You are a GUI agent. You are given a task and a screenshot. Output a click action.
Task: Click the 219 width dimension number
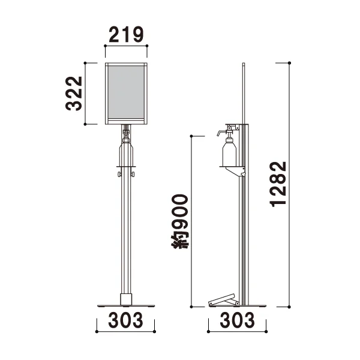pyautogui.click(x=126, y=34)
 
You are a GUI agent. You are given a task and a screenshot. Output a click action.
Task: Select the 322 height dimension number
pyautogui.click(x=74, y=94)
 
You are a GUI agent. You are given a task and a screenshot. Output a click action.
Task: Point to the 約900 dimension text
pyautogui.click(x=179, y=221)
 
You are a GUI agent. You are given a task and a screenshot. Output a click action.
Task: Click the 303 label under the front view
pyautogui.click(x=125, y=320)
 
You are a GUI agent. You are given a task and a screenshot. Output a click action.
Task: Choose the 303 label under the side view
pyautogui.click(x=237, y=320)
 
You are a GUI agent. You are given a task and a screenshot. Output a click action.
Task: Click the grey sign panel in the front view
pyautogui.click(x=126, y=92)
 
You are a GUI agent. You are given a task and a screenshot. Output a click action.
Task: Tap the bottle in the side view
pyautogui.click(x=229, y=152)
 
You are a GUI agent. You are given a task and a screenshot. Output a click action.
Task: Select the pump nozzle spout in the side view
pyautogui.click(x=220, y=133)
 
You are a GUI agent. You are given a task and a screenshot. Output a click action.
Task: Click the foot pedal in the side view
pyautogui.click(x=223, y=299)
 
